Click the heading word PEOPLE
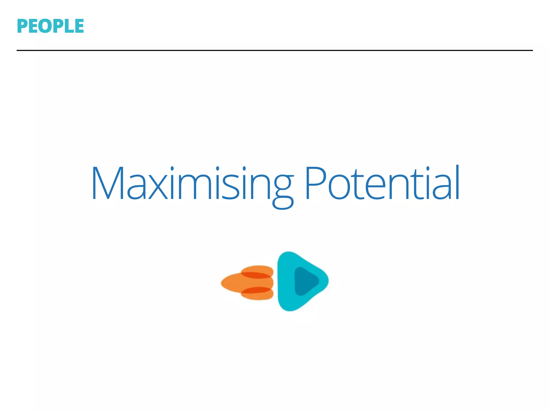click(50, 26)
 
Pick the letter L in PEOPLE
click(69, 26)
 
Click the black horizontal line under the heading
click(274, 50)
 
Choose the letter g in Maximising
click(283, 190)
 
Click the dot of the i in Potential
click(428, 168)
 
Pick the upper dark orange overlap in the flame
click(256, 275)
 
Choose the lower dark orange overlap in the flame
click(256, 290)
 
